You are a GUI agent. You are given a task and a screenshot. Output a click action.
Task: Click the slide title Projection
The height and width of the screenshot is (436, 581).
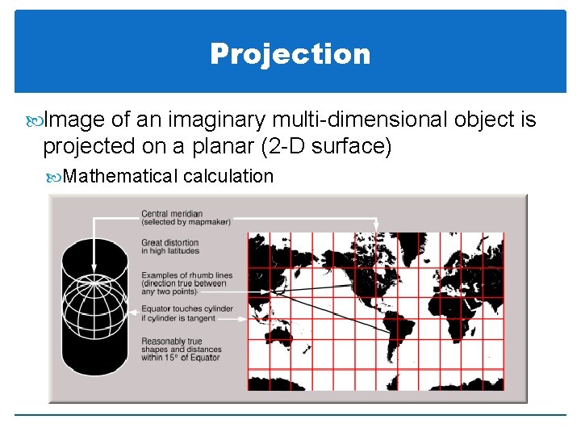pos(290,54)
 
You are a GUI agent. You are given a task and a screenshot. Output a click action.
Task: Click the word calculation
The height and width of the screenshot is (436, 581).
pos(228,176)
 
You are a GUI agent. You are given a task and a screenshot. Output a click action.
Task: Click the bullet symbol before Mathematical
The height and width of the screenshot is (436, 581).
pos(55,176)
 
